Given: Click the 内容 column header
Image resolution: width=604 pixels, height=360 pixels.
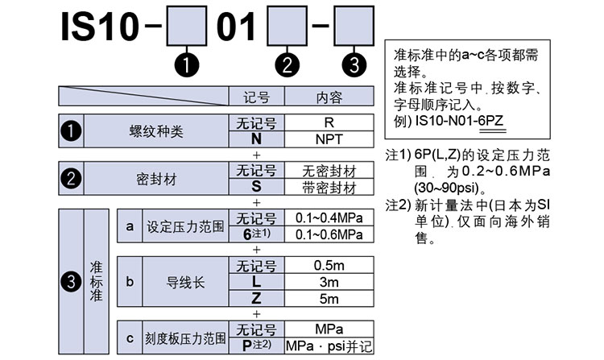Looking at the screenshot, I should (x=329, y=97).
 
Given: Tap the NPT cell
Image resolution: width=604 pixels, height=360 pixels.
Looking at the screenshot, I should (x=329, y=139).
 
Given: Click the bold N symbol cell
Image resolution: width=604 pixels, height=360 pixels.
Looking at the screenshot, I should (x=255, y=139).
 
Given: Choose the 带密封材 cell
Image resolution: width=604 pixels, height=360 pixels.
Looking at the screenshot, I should (x=329, y=188).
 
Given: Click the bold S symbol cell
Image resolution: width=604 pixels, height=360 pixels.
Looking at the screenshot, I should (x=255, y=188).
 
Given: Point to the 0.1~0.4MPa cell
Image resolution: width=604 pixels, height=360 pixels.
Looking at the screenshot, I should (x=329, y=219).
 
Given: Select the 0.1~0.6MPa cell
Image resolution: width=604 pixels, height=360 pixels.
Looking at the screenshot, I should (x=329, y=234).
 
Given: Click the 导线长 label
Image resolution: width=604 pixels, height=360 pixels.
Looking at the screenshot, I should (x=184, y=282).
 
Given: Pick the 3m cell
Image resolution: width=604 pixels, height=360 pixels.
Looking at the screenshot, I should (x=329, y=282).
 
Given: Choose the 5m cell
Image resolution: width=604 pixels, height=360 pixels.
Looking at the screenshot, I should (x=329, y=298).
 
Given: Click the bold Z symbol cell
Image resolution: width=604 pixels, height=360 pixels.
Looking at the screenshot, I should (x=255, y=298).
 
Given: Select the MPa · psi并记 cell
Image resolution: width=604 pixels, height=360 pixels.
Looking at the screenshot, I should (x=329, y=346).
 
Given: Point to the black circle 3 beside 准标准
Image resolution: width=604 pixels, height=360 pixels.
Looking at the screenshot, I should (x=71, y=281).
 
